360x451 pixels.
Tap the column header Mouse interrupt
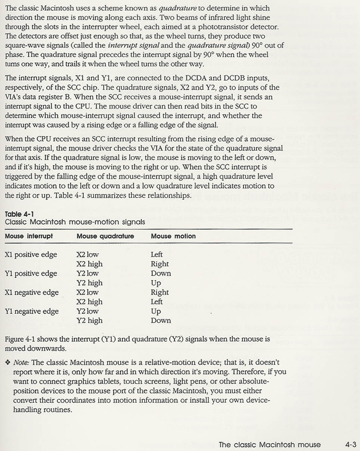[29, 236]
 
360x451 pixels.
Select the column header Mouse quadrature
[105, 236]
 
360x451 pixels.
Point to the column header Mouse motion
[173, 236]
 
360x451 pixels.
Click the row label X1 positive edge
[31, 255]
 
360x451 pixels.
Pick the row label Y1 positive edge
[31, 274]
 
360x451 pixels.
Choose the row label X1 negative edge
[32, 293]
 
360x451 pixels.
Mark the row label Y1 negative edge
[32, 311]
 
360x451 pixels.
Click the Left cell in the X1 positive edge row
[156, 254]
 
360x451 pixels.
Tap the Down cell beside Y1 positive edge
[161, 273]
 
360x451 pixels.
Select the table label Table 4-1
[19, 214]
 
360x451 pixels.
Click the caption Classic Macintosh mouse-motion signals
[75, 222]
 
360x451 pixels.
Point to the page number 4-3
[351, 445]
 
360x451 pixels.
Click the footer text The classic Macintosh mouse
[269, 445]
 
